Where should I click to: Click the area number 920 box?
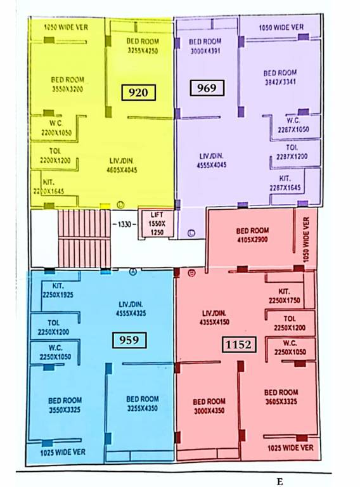(138, 93)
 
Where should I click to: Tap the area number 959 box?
(129, 340)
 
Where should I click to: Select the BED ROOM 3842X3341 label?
(280, 77)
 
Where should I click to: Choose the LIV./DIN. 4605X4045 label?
(123, 166)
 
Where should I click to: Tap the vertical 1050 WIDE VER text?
(307, 240)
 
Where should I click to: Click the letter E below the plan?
(280, 482)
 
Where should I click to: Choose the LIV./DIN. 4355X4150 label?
(214, 318)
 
